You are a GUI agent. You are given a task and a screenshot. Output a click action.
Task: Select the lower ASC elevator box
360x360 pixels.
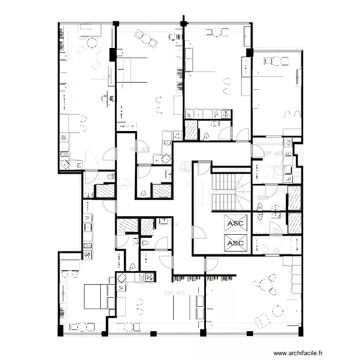pyautogui.click(x=236, y=243)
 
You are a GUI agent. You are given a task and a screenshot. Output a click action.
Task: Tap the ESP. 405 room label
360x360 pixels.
pyautogui.click(x=174, y=293)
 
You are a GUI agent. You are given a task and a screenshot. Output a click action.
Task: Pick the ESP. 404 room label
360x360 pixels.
pyautogui.click(x=174, y=224)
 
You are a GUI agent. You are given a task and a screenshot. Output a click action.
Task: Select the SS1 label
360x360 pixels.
pyautogui.click(x=262, y=198)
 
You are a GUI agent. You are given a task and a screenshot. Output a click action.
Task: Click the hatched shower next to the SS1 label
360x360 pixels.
pyautogui.click(x=294, y=198)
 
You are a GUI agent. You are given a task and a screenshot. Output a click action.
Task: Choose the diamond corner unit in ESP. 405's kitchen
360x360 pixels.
pyautogui.click(x=121, y=278)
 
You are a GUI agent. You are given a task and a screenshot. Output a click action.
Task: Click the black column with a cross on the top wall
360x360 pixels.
pyautogui.click(x=183, y=22)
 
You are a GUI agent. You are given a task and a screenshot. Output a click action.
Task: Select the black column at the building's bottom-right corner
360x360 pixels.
pyautogui.click(x=301, y=331)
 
